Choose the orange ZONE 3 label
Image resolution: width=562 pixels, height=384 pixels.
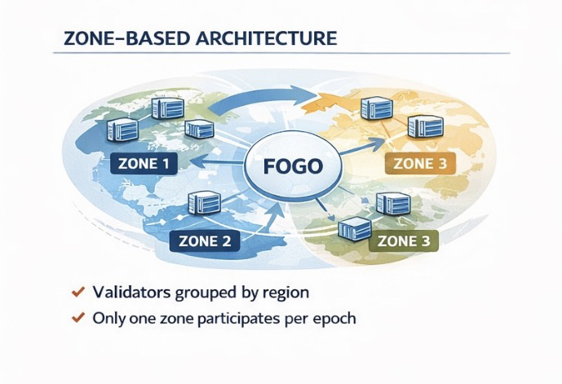pos(419,163)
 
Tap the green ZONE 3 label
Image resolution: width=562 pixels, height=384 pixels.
pos(405,241)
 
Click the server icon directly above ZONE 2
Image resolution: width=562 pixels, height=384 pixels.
pos(203,201)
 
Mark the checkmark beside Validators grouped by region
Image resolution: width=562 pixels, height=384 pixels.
pos(78,292)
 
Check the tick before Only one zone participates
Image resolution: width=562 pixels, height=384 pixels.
pos(78,319)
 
